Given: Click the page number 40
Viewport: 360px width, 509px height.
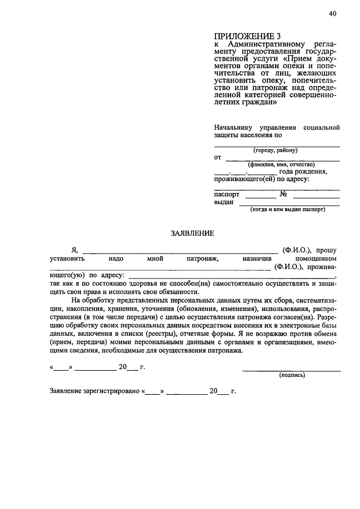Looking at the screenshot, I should tap(332, 15).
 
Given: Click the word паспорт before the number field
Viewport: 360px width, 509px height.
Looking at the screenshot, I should tap(227, 194).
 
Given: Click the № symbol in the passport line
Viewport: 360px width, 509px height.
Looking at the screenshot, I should tap(284, 194).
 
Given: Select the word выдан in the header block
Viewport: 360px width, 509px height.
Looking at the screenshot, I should tap(224, 202).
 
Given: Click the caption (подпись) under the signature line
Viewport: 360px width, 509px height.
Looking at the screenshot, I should tap(292, 375).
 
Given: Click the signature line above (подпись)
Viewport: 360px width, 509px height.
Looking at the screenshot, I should tap(291, 370).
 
